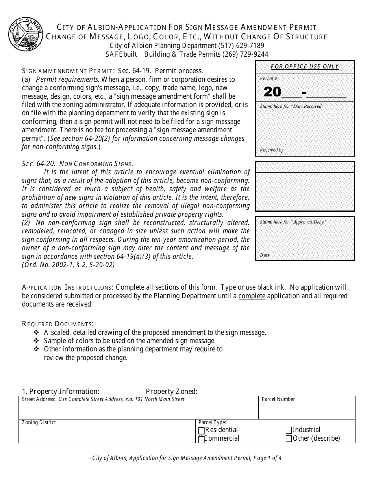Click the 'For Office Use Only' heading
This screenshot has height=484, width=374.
[x=305, y=67]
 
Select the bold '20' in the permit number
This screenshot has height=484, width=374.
[x=272, y=92]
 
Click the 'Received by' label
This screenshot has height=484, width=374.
[x=272, y=150]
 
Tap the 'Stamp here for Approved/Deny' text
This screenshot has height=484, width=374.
[x=293, y=222]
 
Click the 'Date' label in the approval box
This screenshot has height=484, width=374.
[x=265, y=255]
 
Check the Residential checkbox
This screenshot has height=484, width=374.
[x=202, y=430]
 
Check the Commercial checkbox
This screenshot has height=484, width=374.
[x=202, y=439]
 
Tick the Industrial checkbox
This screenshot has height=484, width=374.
[x=289, y=430]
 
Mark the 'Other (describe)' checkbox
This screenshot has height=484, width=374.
[x=289, y=439]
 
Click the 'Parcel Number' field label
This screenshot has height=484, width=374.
[x=278, y=399]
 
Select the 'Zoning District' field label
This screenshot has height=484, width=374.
[x=39, y=423]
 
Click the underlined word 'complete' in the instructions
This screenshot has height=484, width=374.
[x=252, y=296]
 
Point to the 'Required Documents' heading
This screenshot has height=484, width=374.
[x=57, y=324]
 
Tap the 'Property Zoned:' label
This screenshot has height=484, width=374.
[x=172, y=392]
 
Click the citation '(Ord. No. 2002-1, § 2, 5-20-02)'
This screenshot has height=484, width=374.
[x=68, y=265]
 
